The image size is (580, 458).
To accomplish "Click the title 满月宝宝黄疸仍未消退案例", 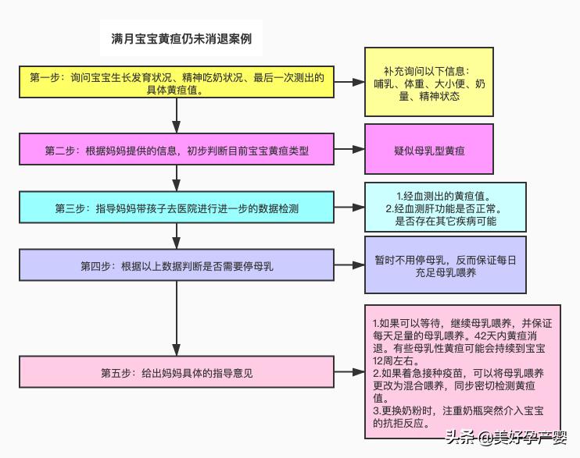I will (x=181, y=38).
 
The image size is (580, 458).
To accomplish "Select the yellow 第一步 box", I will (x=177, y=83).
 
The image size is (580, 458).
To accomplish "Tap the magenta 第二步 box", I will (x=177, y=151).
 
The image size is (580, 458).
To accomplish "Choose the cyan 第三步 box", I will (x=177, y=209).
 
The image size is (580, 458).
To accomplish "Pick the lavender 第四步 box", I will (x=177, y=266).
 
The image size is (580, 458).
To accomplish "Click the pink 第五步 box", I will (x=177, y=373).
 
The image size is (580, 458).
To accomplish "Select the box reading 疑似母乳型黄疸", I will (x=429, y=150).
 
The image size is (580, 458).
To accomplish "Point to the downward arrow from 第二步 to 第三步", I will (x=177, y=179).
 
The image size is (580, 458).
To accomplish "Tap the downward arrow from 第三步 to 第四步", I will (x=177, y=236).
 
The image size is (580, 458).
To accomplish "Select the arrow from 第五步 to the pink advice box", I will (x=349, y=373).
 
